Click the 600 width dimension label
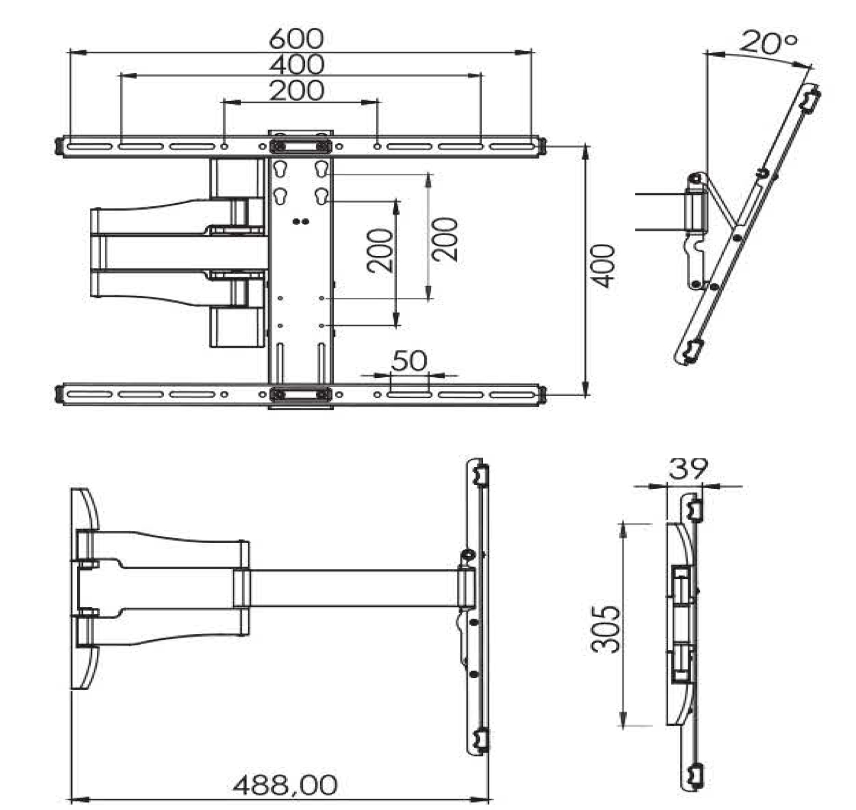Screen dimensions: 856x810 (296, 38)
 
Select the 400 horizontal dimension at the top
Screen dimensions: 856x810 (296, 64)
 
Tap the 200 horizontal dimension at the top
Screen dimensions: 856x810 (296, 90)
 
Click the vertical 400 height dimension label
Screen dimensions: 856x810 (604, 266)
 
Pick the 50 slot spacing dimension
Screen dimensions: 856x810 (409, 361)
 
